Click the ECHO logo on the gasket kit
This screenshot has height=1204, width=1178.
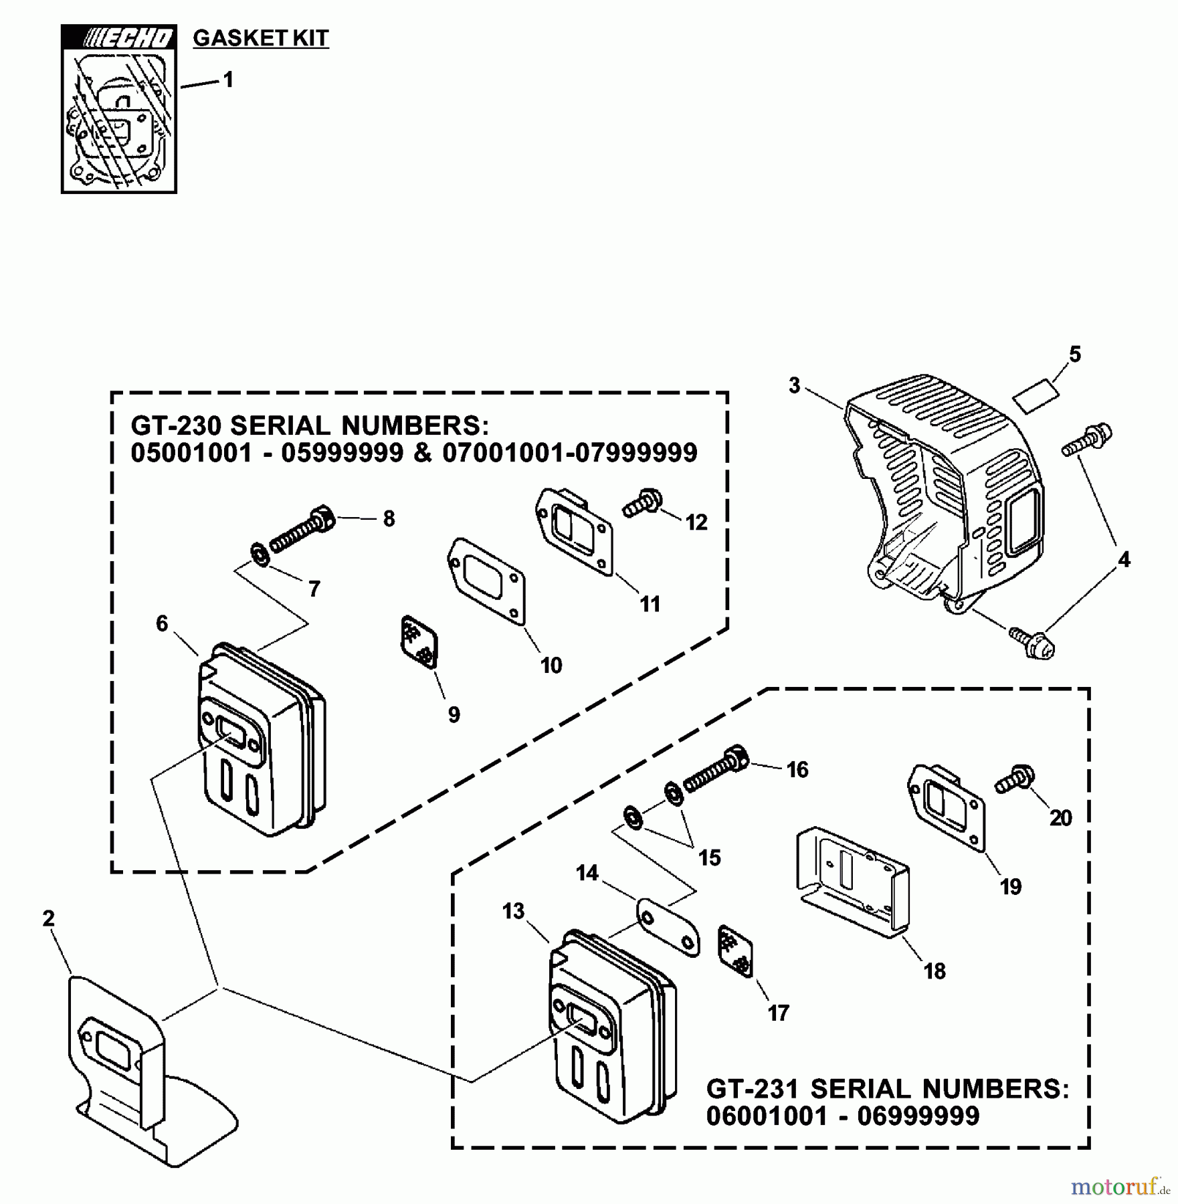(118, 38)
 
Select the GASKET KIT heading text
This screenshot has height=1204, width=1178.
(261, 38)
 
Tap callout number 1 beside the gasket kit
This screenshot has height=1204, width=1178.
(228, 80)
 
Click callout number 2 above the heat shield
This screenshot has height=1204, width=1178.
(48, 919)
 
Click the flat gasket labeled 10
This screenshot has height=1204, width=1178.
(486, 581)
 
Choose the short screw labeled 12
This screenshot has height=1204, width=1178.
(644, 502)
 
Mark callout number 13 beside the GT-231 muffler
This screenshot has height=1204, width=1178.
(514, 912)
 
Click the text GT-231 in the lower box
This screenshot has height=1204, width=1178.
(752, 1090)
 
